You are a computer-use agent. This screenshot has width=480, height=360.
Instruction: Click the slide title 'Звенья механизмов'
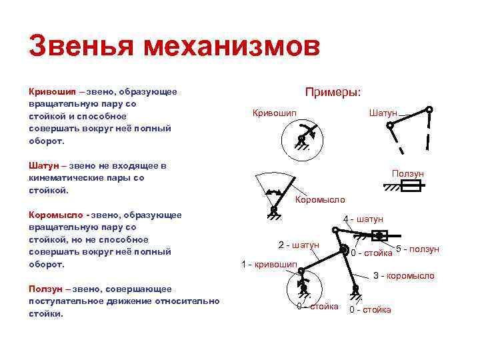[175, 47]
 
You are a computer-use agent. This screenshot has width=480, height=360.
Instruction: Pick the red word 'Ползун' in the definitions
[45, 289]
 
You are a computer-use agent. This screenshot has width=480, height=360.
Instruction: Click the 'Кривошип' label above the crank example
[275, 113]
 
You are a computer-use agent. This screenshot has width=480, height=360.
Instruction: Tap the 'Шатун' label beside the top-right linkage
[383, 113]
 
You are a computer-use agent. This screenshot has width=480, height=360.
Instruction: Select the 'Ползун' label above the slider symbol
[408, 174]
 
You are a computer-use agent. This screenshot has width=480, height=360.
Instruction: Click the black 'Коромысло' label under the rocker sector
[320, 200]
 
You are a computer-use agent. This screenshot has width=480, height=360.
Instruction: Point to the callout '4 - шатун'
[363, 219]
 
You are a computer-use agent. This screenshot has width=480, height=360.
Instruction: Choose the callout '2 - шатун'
[298, 245]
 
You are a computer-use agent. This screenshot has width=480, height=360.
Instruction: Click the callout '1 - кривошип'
[269, 264]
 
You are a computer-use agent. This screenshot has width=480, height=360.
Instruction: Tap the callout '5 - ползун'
[417, 249]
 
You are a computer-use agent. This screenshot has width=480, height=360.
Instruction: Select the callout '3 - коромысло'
[403, 275]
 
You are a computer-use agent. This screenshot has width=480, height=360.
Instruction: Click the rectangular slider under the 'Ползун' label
[408, 187]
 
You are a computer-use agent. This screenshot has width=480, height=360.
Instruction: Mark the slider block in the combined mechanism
[379, 235]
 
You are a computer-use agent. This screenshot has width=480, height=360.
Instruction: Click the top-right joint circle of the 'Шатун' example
[429, 109]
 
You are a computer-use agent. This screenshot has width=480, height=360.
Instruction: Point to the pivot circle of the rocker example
[273, 210]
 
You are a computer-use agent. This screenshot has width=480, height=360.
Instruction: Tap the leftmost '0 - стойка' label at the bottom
[317, 307]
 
